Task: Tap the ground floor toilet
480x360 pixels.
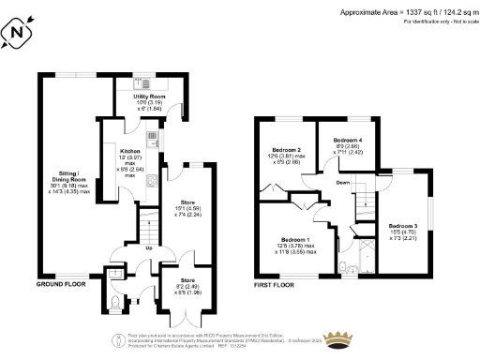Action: [x=114, y=302]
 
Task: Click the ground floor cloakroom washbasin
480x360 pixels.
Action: [x=113, y=276]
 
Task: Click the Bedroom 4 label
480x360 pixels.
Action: [x=348, y=146]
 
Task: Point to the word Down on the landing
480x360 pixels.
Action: [x=344, y=184]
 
